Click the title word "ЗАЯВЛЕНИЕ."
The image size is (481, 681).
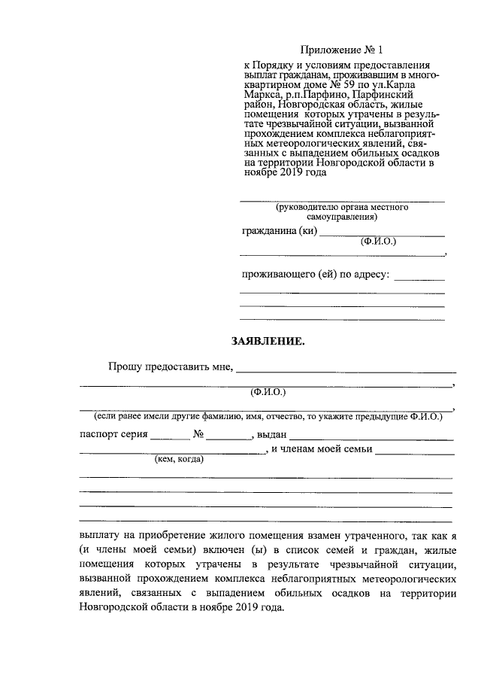pos(268,341)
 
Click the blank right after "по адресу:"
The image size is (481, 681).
pos(419,277)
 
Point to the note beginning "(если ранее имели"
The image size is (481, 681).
pos(268,416)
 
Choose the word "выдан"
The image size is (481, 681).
pos(272,435)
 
